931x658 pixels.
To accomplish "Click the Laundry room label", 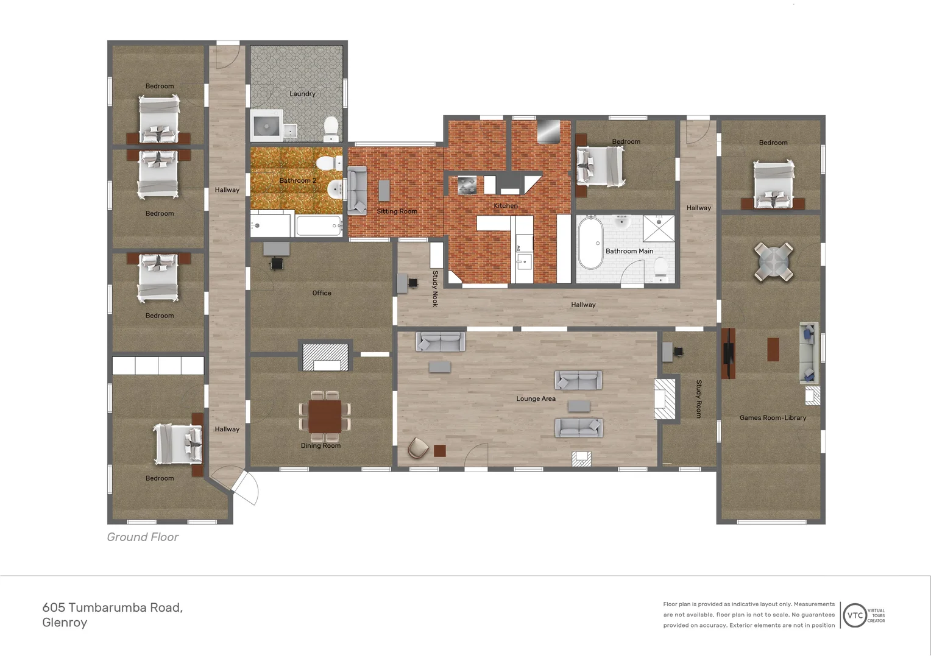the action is (x=302, y=94).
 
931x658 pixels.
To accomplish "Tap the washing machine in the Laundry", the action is (x=266, y=126).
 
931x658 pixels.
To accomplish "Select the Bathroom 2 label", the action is (x=297, y=180).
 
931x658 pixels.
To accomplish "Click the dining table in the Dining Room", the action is (x=325, y=416).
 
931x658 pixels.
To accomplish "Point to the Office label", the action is (x=322, y=293).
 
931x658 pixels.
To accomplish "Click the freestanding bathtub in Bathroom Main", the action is (x=590, y=242).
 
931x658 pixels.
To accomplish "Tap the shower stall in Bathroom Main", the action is (x=659, y=228).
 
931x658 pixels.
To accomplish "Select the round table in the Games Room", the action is (x=773, y=262).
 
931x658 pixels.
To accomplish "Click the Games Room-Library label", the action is (x=773, y=418).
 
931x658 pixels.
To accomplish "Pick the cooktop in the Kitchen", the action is (x=467, y=185).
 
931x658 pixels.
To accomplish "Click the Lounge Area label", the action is (x=536, y=398).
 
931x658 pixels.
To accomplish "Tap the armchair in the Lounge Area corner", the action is (x=418, y=448).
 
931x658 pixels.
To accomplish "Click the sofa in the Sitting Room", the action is (x=357, y=190).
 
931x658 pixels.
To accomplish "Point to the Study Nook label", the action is (x=435, y=288).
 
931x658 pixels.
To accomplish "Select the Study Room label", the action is (x=699, y=398).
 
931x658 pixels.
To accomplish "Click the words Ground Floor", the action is (x=143, y=537).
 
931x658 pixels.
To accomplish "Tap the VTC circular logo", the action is (x=855, y=615).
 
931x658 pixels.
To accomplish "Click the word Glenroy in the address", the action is (x=65, y=623).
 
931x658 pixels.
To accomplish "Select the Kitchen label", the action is (x=505, y=206).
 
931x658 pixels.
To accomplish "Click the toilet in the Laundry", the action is (x=331, y=129).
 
